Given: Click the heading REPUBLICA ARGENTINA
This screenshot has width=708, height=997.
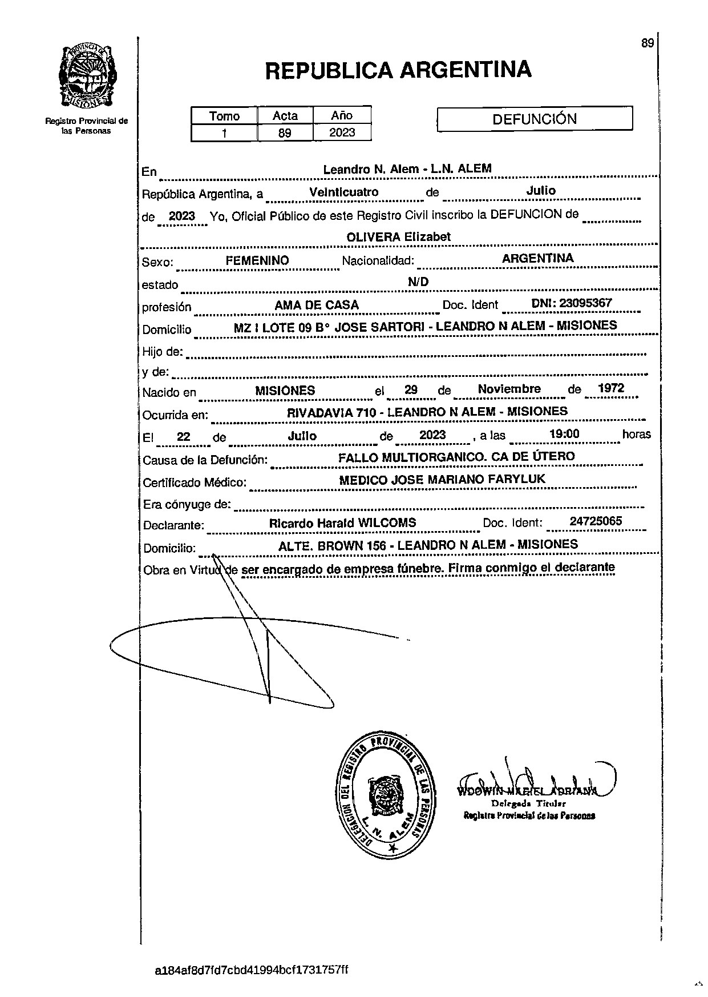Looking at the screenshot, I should (x=398, y=70).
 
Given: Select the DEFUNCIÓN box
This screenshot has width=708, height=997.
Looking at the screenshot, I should (x=535, y=119).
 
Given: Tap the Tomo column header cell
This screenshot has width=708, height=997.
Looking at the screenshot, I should (x=224, y=116).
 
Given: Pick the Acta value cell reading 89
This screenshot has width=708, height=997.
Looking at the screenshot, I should (x=285, y=133).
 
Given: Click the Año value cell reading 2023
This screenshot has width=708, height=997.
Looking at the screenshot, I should (x=342, y=132).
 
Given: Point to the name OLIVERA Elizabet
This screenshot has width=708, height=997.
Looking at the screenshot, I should (x=399, y=236).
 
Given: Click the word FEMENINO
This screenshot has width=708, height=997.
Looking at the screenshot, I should (x=257, y=260).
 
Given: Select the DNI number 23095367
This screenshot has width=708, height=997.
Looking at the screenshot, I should (x=585, y=303).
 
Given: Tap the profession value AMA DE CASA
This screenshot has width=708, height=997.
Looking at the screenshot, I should (x=317, y=305).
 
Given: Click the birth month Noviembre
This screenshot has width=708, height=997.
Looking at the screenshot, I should (x=509, y=389).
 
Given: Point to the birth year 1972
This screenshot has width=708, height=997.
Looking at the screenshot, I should (x=610, y=388).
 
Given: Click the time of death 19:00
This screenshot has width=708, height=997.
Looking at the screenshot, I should (x=564, y=434).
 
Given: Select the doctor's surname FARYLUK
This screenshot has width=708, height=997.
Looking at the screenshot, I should (x=520, y=479).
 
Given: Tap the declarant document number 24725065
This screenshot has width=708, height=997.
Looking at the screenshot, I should (x=596, y=521).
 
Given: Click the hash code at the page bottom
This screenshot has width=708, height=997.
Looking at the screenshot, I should (x=252, y=970).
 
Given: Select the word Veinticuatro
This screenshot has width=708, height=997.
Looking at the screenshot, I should (x=343, y=192).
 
